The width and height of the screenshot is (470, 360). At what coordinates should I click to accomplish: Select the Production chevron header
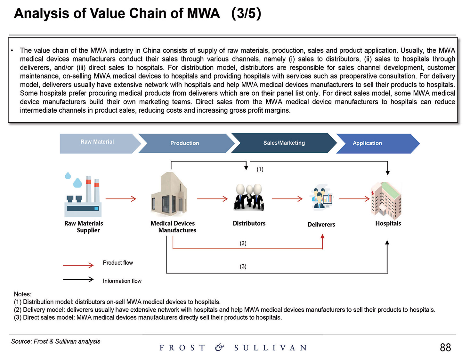(x=185, y=143)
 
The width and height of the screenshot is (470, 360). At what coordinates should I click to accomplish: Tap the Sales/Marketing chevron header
(x=284, y=143)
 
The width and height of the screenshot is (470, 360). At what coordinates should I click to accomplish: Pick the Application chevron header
(x=367, y=143)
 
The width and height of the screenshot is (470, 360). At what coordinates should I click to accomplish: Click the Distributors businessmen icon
(x=249, y=197)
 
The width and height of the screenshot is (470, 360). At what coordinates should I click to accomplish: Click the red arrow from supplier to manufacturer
(x=121, y=199)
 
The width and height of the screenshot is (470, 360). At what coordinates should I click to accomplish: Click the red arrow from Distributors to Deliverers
(x=287, y=199)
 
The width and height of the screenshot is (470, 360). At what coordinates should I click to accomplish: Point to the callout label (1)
(x=260, y=169)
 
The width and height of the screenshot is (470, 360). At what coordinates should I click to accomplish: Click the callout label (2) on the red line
(x=243, y=243)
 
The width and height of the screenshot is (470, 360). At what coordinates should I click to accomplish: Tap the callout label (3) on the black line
(x=243, y=267)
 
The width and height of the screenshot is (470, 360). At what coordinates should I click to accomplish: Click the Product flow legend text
(x=118, y=263)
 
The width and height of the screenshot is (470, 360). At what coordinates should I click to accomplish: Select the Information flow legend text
(x=122, y=281)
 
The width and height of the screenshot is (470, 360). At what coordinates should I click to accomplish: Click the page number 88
(x=445, y=348)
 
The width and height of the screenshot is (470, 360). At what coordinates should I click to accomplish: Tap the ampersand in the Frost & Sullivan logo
(x=219, y=348)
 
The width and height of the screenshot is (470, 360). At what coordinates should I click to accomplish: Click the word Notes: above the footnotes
(x=23, y=294)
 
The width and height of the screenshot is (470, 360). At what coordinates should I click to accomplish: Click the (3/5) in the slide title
(x=246, y=14)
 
